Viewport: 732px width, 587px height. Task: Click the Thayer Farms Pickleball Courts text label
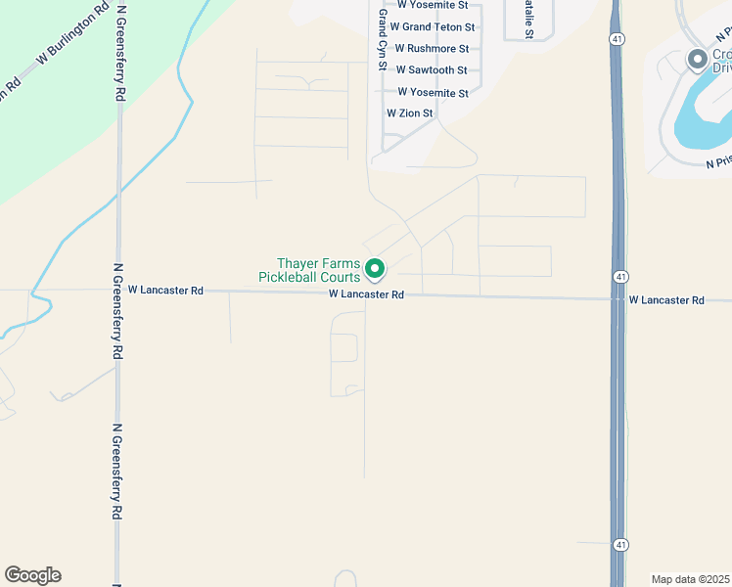pyautogui.click(x=312, y=270)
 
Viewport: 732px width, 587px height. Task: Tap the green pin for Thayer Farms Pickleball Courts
pyautogui.click(x=374, y=267)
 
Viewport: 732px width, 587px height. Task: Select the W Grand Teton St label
pyautogui.click(x=432, y=27)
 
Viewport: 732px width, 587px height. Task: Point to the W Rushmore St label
pyautogui.click(x=432, y=49)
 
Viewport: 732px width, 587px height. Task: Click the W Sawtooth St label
pyautogui.click(x=431, y=70)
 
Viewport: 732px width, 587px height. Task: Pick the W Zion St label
pyautogui.click(x=409, y=113)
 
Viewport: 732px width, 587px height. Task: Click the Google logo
pyautogui.click(x=32, y=575)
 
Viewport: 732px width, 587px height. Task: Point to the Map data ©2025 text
pyautogui.click(x=689, y=579)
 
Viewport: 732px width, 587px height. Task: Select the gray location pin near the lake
pyautogui.click(x=697, y=61)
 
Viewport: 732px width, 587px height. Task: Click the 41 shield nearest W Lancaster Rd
pyautogui.click(x=620, y=278)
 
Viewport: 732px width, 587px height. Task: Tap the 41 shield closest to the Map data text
pyautogui.click(x=620, y=543)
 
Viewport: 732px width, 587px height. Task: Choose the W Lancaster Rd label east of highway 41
pyautogui.click(x=666, y=300)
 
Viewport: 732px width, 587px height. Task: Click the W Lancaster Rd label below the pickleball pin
pyautogui.click(x=366, y=293)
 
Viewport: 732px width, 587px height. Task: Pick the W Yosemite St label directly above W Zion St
pyautogui.click(x=435, y=93)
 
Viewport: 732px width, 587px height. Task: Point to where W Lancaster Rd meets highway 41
pyautogui.click(x=617, y=298)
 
